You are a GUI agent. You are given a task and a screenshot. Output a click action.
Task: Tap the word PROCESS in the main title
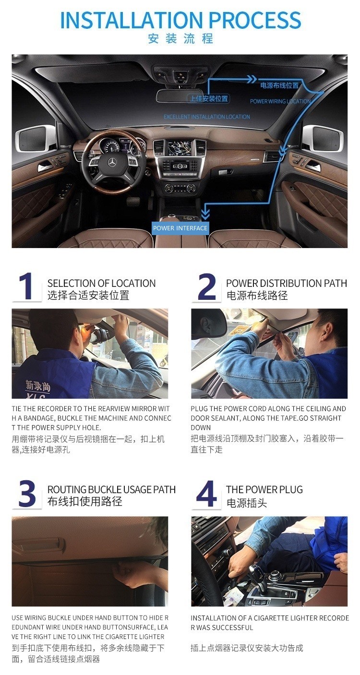[x=255, y=20]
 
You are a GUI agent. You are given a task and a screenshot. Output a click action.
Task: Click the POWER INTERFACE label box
[x=180, y=228]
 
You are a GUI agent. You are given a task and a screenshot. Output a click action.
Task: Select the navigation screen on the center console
[x=180, y=148]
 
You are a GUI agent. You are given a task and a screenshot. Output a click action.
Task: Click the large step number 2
[x=206, y=286]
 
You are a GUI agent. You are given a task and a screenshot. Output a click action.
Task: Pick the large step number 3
[x=26, y=494]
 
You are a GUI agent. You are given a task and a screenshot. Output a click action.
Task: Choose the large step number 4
[x=206, y=494]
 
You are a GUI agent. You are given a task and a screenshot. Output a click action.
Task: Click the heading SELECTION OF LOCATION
[x=101, y=283]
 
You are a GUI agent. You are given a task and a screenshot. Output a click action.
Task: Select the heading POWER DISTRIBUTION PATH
[x=287, y=283]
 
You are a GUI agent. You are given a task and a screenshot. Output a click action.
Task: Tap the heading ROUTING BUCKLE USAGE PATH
[x=111, y=489]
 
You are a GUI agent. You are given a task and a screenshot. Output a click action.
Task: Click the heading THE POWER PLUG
[x=264, y=489]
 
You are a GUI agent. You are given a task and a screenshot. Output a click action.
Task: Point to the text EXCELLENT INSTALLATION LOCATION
[x=207, y=117]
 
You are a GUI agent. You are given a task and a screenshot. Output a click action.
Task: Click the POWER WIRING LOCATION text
[x=280, y=101]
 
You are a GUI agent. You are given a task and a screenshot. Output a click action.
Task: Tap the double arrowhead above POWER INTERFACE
[x=205, y=214]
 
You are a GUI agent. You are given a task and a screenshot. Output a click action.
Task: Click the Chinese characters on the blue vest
[x=38, y=386]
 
